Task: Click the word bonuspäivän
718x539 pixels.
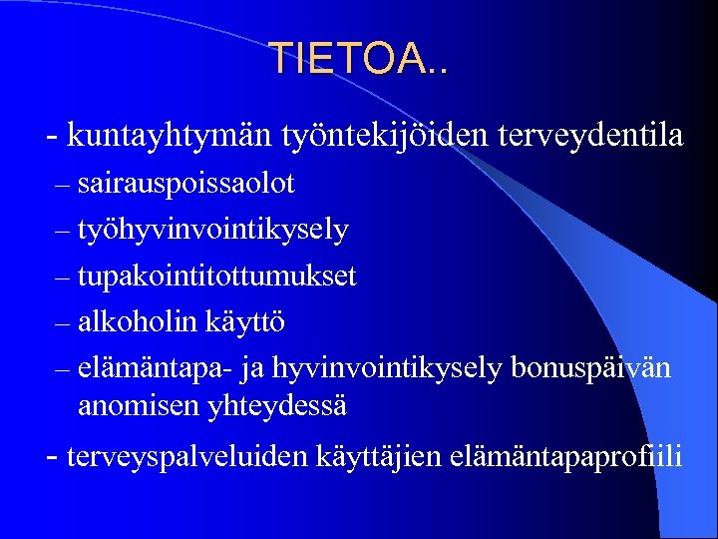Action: [x=590, y=368]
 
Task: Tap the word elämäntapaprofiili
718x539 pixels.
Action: [x=567, y=457]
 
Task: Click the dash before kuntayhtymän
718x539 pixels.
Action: [x=52, y=135]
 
